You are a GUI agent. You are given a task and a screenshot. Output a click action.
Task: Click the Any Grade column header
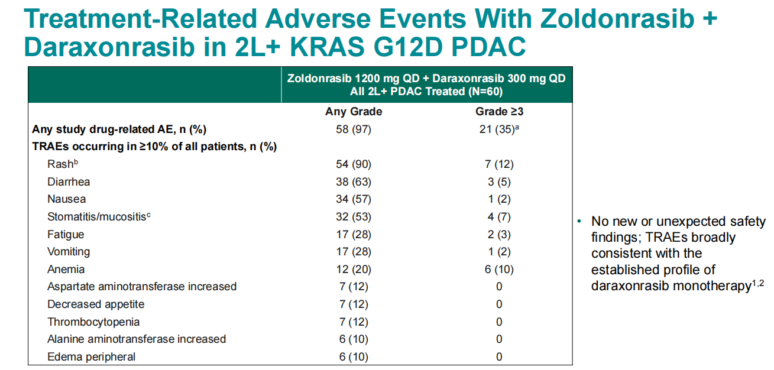tap(354, 112)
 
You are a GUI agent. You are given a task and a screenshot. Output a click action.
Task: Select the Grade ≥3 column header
tap(499, 112)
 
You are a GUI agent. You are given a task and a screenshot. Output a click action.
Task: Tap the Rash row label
tap(63, 164)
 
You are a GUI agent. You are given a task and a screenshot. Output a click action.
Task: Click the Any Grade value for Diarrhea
tap(354, 181)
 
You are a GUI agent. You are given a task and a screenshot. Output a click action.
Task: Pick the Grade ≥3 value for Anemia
tap(499, 269)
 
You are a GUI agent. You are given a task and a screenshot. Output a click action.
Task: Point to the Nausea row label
tap(66, 199)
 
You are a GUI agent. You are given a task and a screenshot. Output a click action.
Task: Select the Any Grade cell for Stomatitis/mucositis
tap(354, 216)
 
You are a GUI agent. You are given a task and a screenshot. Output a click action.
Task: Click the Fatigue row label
tap(66, 235)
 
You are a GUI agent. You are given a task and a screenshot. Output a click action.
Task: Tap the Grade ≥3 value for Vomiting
tap(499, 252)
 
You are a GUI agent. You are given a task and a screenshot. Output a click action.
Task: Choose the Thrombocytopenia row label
tap(93, 322)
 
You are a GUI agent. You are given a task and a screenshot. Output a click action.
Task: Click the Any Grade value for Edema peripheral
tap(354, 356)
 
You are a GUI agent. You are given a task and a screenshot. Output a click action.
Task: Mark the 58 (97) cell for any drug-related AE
tap(354, 129)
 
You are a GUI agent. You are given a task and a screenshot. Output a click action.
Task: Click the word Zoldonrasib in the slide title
tap(617, 19)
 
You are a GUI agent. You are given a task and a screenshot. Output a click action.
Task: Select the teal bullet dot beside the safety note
tap(579, 221)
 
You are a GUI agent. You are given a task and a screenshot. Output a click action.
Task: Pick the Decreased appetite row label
tap(96, 304)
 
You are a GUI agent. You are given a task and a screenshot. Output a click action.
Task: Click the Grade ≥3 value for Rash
tap(499, 164)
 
